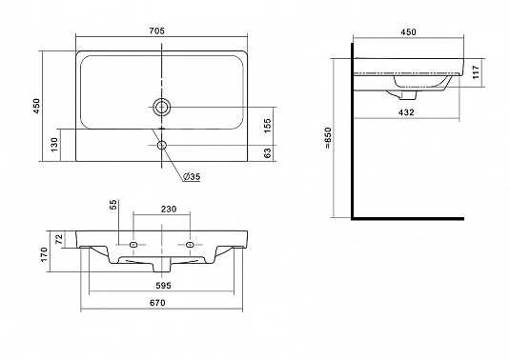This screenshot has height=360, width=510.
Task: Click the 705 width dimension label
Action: click(x=156, y=30)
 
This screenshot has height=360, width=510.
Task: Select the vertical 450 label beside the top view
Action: click(x=36, y=106)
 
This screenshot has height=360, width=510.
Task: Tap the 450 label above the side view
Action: click(x=408, y=31)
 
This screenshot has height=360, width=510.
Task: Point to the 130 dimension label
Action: click(x=54, y=144)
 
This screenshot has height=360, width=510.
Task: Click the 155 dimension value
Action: click(x=267, y=126)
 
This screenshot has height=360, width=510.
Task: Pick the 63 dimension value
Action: click(x=267, y=153)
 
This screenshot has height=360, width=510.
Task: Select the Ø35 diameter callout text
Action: click(x=192, y=177)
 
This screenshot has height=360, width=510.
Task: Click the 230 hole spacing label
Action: click(x=169, y=209)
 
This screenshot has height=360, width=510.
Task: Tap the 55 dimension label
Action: click(x=112, y=205)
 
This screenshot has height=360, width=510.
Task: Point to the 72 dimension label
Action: click(x=59, y=239)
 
